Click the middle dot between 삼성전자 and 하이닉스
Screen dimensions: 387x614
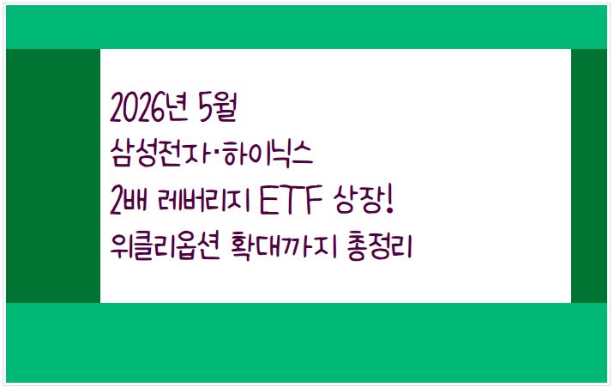218,156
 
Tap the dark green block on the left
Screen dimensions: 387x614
53,176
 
